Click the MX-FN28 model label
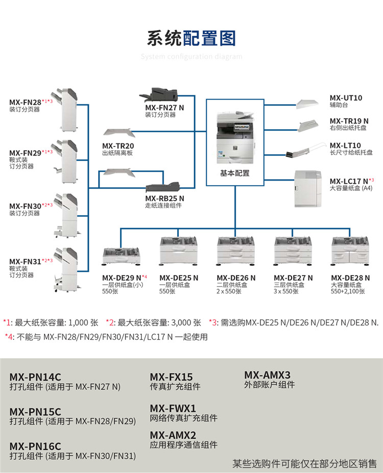pos(26,102)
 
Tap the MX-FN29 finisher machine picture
pos(65,161)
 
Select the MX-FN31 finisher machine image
pos(66,270)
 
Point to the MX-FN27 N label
pos(164,108)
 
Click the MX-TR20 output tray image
pos(118,133)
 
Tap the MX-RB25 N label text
pos(164,198)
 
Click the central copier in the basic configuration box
pos(235,138)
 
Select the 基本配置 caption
pos(235,173)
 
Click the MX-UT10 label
pos(346,98)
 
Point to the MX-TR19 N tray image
pos(308,126)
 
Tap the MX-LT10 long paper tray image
pos(305,150)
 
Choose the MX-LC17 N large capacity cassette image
pos(308,189)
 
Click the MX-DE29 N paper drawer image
pos(122,257)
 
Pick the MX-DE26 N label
pos(236,278)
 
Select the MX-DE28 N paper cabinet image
pos(350,251)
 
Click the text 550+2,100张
pos(348,291)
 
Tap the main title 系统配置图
pos(192,38)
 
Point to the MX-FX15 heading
pos(171,377)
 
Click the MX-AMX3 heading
pos(267,375)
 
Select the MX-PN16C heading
pos(35,446)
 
